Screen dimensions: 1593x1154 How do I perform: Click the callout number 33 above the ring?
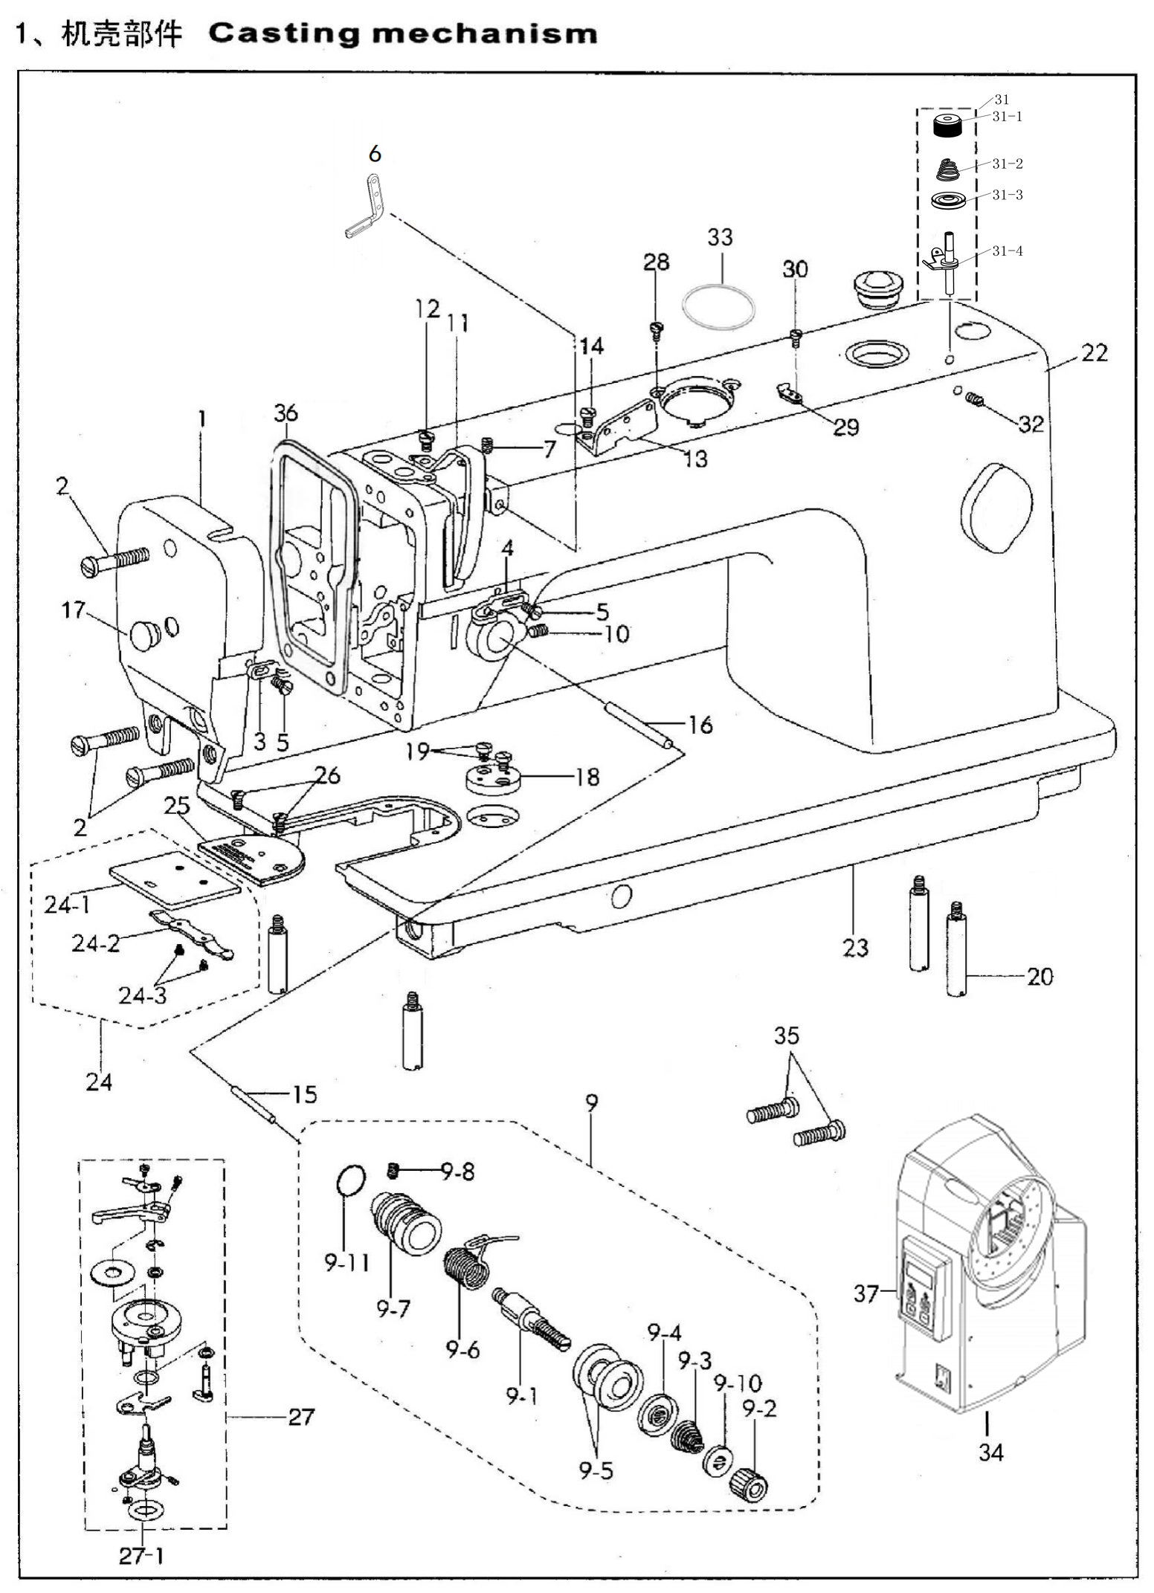[720, 237]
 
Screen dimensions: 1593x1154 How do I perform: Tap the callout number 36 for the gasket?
[286, 413]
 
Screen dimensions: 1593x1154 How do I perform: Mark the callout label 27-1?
[141, 1555]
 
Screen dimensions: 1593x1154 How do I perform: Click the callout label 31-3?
[1008, 195]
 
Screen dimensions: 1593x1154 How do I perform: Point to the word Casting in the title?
[284, 34]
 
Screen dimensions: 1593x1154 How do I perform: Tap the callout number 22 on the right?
[1094, 352]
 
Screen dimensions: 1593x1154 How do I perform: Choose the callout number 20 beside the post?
[1039, 976]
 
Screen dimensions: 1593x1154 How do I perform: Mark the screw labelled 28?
[656, 328]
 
